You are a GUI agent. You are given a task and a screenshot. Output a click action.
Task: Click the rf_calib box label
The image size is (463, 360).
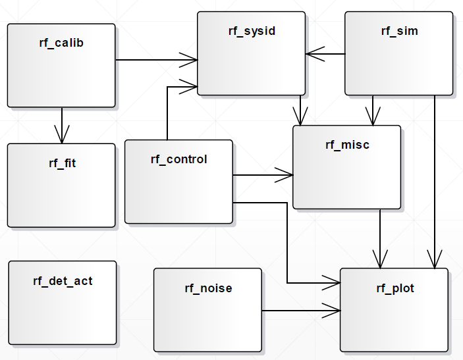tap(61, 43)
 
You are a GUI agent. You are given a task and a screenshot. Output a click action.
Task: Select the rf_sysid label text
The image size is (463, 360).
tap(252, 31)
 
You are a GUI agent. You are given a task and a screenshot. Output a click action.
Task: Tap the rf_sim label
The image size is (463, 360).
tap(399, 31)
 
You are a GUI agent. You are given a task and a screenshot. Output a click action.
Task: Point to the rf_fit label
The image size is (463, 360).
tap(62, 163)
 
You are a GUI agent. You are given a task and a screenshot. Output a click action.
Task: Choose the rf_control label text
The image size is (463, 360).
tap(178, 159)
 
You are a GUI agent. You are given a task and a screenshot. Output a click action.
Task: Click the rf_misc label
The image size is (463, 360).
tap(347, 145)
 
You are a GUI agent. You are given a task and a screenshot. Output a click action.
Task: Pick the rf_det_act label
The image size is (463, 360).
tap(63, 281)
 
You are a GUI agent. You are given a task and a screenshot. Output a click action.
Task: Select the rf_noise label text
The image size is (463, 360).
tap(208, 288)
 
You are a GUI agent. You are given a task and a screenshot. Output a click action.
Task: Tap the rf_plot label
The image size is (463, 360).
tap(395, 288)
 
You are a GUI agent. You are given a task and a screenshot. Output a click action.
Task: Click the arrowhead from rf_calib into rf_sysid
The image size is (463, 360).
tap(192, 60)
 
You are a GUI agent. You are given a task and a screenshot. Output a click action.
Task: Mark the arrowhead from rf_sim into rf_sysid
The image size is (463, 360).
tap(313, 53)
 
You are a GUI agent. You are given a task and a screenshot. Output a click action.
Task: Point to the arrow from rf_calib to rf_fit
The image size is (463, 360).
tap(62, 125)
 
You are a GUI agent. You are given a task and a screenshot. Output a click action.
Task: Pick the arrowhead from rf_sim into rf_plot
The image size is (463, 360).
tap(435, 261)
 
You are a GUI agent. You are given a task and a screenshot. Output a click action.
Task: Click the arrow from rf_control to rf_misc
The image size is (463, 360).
tap(263, 175)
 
